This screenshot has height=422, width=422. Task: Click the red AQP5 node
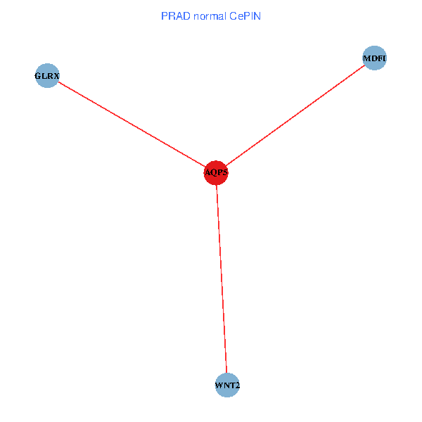pyautogui.click(x=216, y=172)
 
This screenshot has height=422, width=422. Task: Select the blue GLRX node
pyautogui.click(x=46, y=75)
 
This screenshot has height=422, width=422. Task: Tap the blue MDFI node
pyautogui.click(x=374, y=58)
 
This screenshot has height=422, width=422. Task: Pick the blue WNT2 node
pyautogui.click(x=227, y=385)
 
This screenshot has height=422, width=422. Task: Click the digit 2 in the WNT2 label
pyautogui.click(x=237, y=385)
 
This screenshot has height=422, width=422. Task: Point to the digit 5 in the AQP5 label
pyautogui.click(x=225, y=173)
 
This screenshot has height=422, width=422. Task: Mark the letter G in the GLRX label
pyautogui.click(x=38, y=75)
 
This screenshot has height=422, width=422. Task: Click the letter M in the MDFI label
pyautogui.click(x=366, y=58)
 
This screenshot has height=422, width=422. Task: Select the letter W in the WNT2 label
pyautogui.click(x=219, y=385)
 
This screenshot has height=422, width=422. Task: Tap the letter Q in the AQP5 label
pyautogui.click(x=213, y=173)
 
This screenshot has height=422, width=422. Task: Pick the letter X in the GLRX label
pyautogui.click(x=56, y=75)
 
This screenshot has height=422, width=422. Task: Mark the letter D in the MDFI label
pyautogui.click(x=373, y=58)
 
